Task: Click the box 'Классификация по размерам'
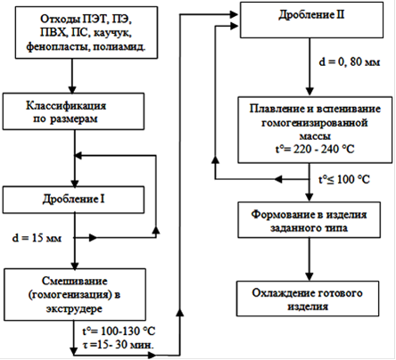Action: point(73,111)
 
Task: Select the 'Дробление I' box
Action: point(73,200)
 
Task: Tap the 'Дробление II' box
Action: point(311,20)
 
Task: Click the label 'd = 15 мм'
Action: point(37,238)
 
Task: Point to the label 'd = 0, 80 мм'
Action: point(350,62)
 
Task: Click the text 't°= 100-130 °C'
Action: point(119,331)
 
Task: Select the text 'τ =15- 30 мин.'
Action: point(119,345)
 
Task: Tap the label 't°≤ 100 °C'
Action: point(344,179)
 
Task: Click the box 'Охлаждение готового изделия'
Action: point(308,299)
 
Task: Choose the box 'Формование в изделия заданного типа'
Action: point(309,220)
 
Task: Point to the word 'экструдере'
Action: point(74,308)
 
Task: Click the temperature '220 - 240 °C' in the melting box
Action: point(324,149)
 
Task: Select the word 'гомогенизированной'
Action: point(315,123)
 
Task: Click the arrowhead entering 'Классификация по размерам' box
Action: point(72,89)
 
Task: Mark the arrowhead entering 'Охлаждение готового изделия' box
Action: point(309,277)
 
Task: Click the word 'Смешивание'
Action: point(75,281)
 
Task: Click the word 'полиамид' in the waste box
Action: point(120,46)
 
